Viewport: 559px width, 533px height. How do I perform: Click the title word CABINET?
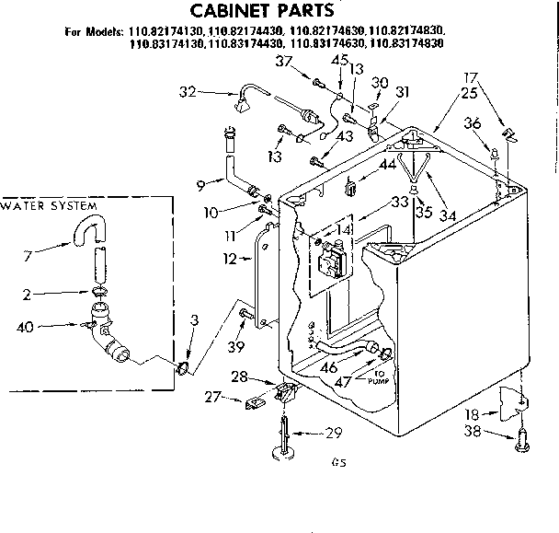(x=231, y=12)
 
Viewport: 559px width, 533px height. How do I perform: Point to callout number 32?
(x=188, y=91)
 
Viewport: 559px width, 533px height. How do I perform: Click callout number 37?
(x=284, y=61)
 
